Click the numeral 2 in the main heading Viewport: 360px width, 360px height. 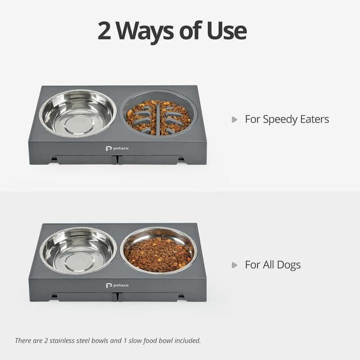105,30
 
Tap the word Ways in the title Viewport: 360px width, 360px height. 145,32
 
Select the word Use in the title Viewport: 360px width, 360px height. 227,30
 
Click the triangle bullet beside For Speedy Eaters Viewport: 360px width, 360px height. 235,120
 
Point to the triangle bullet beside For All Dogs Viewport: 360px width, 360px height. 235,265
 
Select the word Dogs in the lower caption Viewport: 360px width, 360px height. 289,265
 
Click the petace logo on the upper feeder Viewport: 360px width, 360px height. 117,148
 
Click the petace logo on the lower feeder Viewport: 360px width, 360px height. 117,285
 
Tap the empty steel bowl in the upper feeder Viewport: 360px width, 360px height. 78,113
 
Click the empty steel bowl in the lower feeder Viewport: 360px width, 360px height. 78,250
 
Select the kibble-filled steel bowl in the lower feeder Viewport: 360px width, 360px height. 159,251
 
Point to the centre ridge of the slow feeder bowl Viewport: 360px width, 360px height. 158,119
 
